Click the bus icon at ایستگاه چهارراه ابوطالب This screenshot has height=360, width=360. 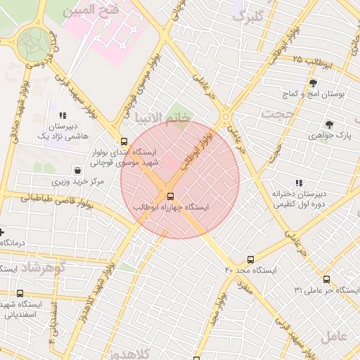[x=171, y=196]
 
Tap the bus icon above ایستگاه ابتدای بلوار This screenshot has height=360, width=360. [x=124, y=141]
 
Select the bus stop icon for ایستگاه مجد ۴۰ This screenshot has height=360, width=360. [x=251, y=259]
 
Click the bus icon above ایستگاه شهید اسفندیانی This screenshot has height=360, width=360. [x=20, y=293]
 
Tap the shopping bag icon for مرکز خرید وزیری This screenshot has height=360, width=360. [x=77, y=170]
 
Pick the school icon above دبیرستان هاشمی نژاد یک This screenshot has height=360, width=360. [x=63, y=115]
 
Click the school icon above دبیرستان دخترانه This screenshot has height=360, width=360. [x=299, y=183]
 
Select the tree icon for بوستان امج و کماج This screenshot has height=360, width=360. [x=312, y=83]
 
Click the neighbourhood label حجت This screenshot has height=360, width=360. [x=276, y=112]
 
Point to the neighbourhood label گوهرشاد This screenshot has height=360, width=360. [x=44, y=267]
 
